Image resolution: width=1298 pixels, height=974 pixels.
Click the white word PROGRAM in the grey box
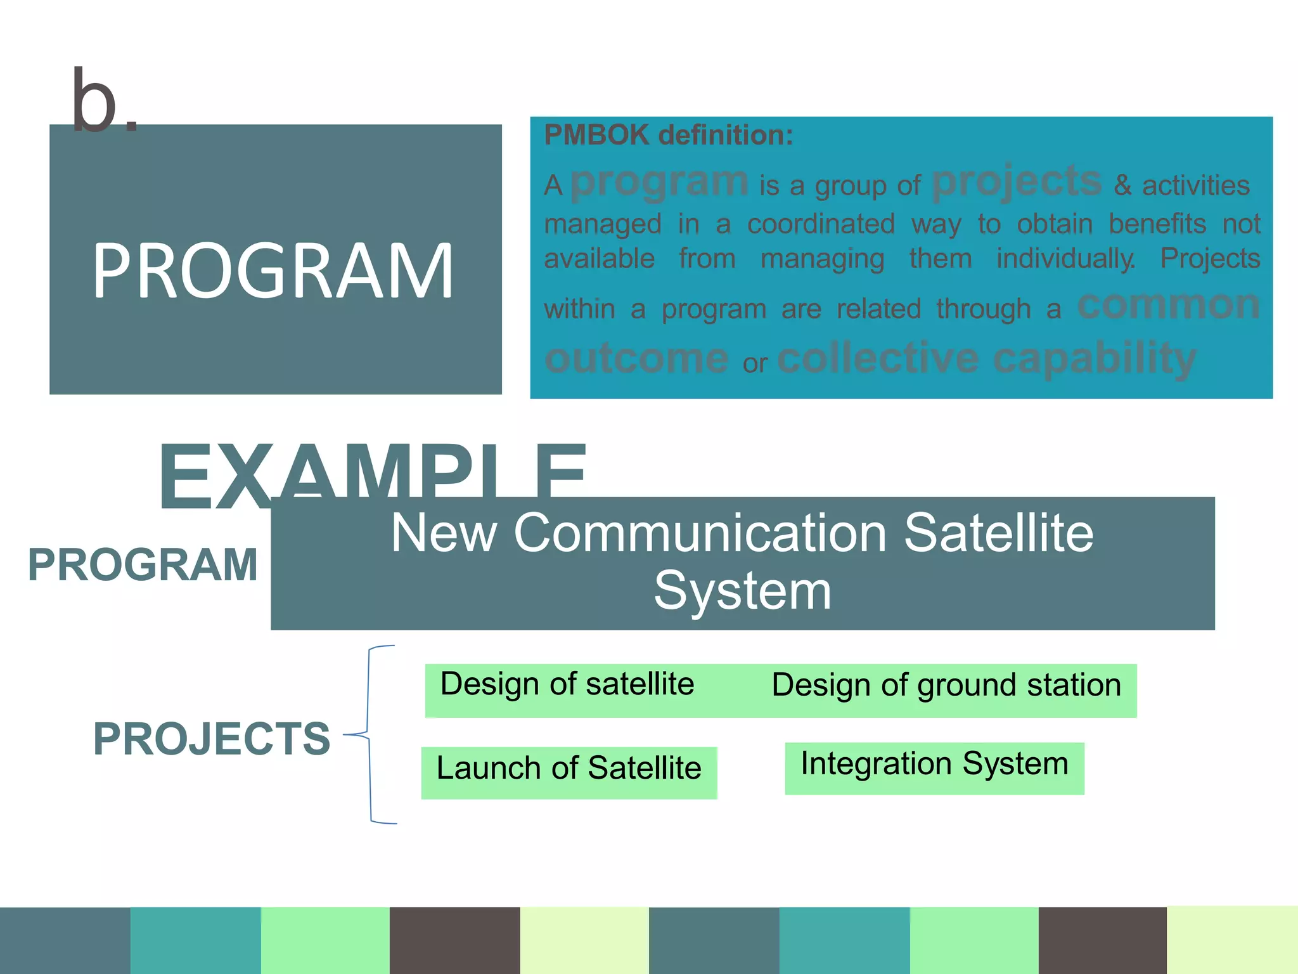273,271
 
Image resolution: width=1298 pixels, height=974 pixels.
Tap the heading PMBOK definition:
668,135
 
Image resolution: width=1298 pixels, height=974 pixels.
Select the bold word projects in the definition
1017,182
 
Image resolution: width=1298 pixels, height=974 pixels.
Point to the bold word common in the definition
1168,306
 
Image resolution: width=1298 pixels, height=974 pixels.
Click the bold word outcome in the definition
636,359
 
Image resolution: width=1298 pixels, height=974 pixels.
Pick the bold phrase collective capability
986,359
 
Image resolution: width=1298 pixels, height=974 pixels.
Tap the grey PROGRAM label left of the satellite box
143,564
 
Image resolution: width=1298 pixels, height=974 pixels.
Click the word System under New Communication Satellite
742,591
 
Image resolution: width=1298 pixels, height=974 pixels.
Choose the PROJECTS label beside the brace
212,739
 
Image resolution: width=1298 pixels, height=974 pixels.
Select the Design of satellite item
567,685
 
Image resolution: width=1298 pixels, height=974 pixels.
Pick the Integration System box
934,764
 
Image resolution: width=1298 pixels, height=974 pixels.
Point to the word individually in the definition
1065,259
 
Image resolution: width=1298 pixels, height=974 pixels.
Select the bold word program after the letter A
659,182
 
